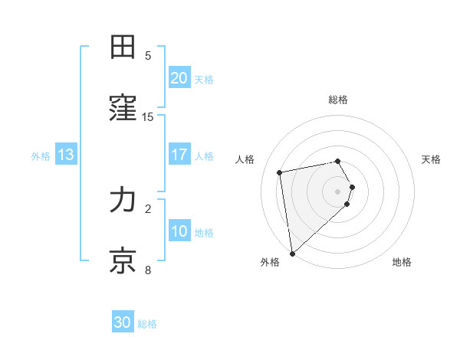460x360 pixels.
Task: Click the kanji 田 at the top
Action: (x=123, y=47)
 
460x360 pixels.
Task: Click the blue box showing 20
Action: (x=179, y=78)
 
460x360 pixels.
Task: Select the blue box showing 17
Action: (x=179, y=155)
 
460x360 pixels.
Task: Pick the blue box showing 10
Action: (x=179, y=231)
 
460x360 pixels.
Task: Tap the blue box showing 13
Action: (x=66, y=155)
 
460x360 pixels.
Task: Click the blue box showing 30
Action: (x=123, y=322)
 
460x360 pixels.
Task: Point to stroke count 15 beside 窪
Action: (x=148, y=117)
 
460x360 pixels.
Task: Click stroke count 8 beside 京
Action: (x=148, y=270)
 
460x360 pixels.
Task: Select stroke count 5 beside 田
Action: (x=148, y=56)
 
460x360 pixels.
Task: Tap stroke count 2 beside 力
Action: (x=148, y=208)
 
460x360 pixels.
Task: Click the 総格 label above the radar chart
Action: (x=338, y=100)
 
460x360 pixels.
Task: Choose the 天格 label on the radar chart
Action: (x=431, y=159)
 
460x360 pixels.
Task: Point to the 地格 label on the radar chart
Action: (x=402, y=262)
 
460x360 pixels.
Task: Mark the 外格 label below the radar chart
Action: (x=270, y=262)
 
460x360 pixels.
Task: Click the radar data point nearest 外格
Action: (x=292, y=253)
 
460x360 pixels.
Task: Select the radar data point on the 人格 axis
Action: (x=280, y=172)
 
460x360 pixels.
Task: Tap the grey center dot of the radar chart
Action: (x=338, y=191)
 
